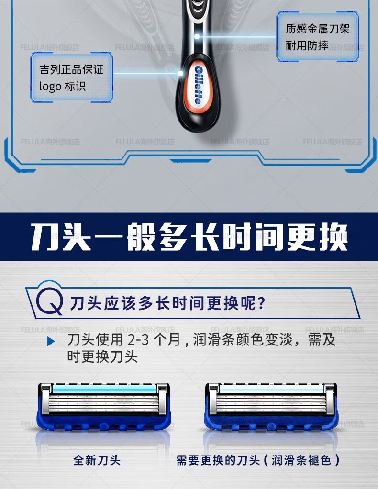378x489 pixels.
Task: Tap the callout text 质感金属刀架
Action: pos(318,29)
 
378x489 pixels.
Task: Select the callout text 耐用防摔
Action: pos(307,46)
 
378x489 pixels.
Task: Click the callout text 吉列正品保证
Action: pos(71,69)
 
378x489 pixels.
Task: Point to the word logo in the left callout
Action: pos(50,87)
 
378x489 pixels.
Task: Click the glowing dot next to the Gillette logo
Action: pos(180,73)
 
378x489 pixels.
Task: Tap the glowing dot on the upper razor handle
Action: pos(197,36)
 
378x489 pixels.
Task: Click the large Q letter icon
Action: pos(50,301)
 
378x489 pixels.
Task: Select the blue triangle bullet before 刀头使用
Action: pos(51,342)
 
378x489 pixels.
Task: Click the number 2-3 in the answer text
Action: pos(138,340)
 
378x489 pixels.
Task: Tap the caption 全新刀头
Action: pos(97,460)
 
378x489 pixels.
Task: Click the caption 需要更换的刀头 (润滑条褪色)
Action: pos(258,460)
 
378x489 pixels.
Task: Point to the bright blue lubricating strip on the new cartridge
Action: pos(104,389)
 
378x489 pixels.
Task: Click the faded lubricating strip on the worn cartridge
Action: pos(272,389)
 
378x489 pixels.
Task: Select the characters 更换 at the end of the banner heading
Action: pos(317,237)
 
